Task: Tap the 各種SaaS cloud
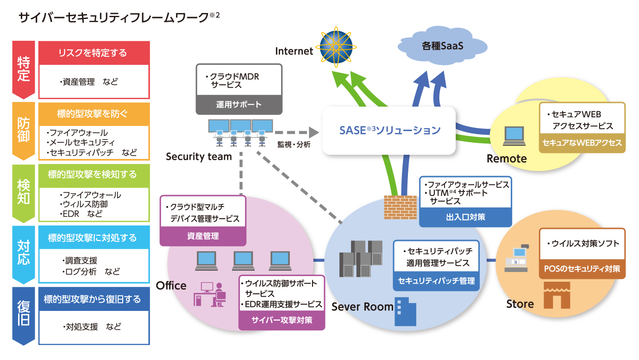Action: [x=442, y=47]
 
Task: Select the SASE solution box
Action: [x=389, y=130]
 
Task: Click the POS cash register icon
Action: [x=518, y=258]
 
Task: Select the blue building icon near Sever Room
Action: [x=405, y=311]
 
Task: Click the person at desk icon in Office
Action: [x=211, y=294]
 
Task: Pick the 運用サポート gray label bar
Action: [x=239, y=105]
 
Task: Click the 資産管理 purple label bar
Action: [x=203, y=236]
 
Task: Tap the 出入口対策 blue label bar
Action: [x=465, y=217]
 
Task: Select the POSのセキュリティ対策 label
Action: [x=582, y=269]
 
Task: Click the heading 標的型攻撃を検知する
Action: [x=93, y=175]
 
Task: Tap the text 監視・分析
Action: [x=294, y=144]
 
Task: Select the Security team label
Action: [x=199, y=157]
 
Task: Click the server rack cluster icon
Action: [x=361, y=258]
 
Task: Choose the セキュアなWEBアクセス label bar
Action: [x=582, y=143]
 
